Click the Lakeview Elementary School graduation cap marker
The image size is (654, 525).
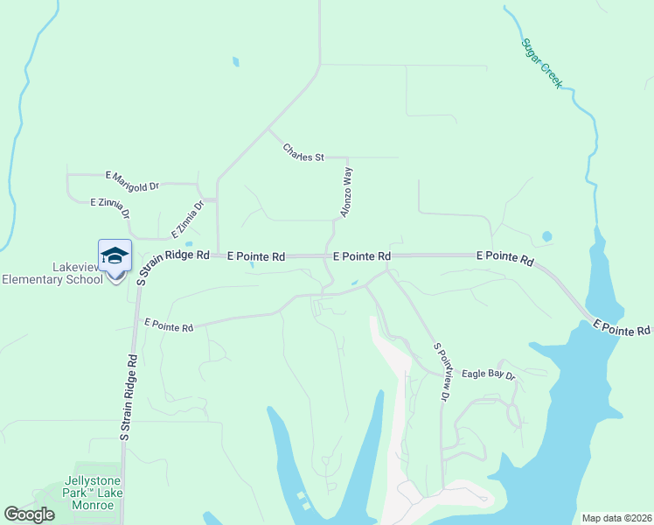coord(115,256)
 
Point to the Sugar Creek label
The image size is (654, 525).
coord(542,63)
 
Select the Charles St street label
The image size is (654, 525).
coord(303,152)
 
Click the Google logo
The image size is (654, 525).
coord(29,514)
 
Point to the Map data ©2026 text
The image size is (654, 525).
coord(616,518)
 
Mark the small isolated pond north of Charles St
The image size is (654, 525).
coord(235,61)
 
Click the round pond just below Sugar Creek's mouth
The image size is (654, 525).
coord(547,236)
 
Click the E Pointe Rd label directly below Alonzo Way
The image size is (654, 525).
coord(362,256)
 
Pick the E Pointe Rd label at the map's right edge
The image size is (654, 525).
coord(622,328)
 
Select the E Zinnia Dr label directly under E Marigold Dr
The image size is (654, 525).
coord(110,206)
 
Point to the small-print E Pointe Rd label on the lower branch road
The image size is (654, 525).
coord(169,325)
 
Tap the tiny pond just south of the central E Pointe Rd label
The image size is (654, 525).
coord(354,283)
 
